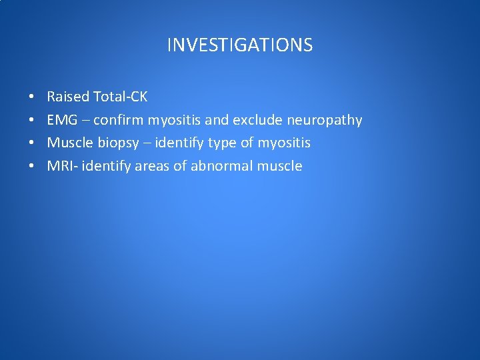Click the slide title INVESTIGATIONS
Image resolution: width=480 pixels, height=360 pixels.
(x=239, y=45)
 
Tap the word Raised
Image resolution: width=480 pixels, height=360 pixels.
(x=68, y=97)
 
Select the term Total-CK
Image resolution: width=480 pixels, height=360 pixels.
(x=121, y=97)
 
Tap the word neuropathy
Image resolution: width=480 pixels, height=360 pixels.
(x=324, y=121)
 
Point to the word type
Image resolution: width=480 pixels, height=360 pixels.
(x=221, y=143)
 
